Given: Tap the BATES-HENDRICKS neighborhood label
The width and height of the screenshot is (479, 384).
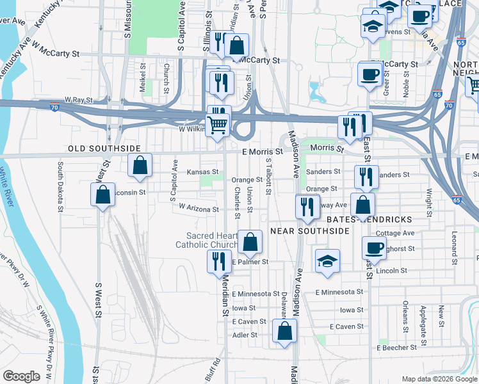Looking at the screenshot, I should point(369,219).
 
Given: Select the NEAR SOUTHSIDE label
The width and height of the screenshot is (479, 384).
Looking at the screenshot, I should point(309,230).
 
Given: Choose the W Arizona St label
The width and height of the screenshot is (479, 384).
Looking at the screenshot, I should point(199,208).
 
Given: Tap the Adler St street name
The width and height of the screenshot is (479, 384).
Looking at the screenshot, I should point(244,335).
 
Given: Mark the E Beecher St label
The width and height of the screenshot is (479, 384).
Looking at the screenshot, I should point(396,348).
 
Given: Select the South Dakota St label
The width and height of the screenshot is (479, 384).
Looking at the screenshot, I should point(60,186).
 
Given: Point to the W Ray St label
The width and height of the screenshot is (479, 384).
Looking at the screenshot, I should point(79,100).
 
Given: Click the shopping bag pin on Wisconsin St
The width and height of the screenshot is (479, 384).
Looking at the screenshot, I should point(102,194).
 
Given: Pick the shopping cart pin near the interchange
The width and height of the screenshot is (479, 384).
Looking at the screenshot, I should point(218,125).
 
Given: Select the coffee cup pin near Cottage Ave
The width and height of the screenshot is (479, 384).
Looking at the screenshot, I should point(374,248).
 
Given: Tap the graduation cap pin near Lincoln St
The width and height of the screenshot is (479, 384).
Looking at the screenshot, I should point(327,261).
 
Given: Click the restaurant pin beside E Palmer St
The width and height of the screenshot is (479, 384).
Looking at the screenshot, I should point(218,261).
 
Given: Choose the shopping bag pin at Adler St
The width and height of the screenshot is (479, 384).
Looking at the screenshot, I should point(284,332).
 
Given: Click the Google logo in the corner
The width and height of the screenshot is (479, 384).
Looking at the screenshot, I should point(21,376).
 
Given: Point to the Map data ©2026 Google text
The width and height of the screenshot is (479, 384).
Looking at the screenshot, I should point(439,379).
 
